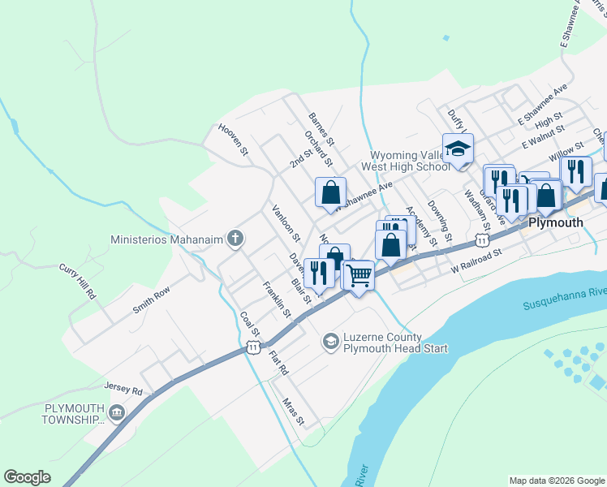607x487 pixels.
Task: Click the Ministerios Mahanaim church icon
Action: pyautogui.click(x=235, y=239)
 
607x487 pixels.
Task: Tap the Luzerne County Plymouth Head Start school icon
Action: pyautogui.click(x=330, y=342)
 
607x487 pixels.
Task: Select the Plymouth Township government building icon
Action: pyautogui.click(x=117, y=413)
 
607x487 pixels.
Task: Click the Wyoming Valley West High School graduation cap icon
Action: pyautogui.click(x=458, y=149)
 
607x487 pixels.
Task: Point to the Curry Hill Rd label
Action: pyautogui.click(x=77, y=282)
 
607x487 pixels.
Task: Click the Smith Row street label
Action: pyautogui.click(x=152, y=300)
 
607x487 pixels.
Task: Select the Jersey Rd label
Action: pyautogui.click(x=123, y=389)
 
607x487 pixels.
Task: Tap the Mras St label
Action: pyautogui.click(x=293, y=412)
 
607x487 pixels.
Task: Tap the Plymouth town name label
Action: pyautogui.click(x=556, y=222)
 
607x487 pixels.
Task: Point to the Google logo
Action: pyautogui.click(x=27, y=477)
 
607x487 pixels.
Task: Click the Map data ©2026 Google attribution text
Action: pyautogui.click(x=557, y=481)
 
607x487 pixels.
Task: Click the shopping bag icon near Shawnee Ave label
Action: pyautogui.click(x=330, y=192)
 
